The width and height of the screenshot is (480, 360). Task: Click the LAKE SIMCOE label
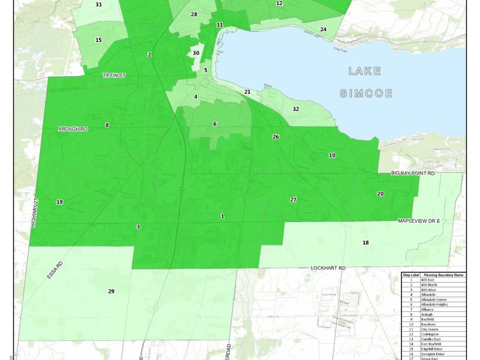(365, 82)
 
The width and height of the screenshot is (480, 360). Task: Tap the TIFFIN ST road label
(113, 75)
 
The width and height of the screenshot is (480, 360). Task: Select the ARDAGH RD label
(73, 129)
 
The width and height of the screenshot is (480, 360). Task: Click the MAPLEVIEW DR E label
(419, 221)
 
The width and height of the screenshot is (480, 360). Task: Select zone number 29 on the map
(111, 292)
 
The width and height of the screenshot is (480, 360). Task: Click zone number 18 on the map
(365, 242)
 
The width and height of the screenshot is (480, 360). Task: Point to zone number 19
(59, 202)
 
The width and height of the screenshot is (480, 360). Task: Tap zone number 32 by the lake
(296, 109)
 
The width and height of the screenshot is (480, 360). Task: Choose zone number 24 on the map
(323, 29)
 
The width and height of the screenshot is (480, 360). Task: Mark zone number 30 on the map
(196, 53)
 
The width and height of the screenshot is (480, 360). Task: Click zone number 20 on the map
(380, 194)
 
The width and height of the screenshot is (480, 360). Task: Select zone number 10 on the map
(332, 155)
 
